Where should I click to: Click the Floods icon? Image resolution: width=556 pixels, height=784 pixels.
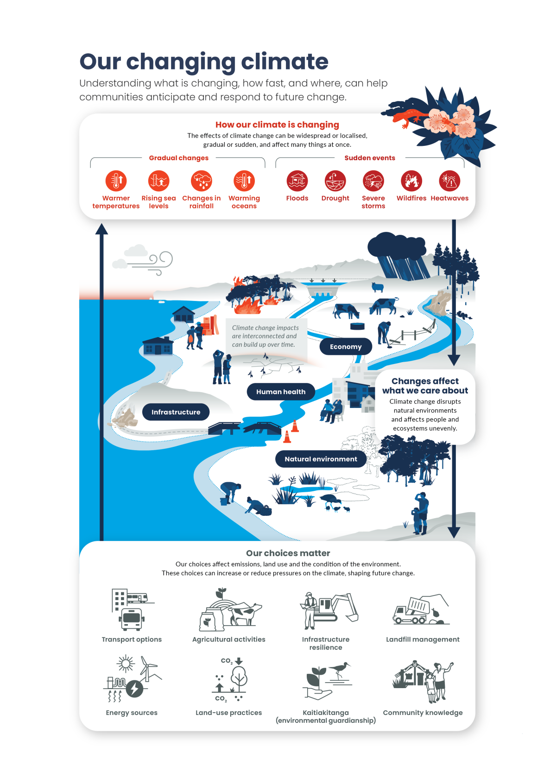297,181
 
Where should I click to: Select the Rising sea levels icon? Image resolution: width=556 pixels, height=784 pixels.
158,181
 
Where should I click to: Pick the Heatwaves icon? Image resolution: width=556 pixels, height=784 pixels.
449,181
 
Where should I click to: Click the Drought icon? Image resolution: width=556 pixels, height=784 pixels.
335,181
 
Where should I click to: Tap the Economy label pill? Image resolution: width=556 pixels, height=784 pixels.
346,346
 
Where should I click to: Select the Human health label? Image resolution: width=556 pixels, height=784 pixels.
281,392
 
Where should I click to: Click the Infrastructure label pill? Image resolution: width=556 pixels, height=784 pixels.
176,412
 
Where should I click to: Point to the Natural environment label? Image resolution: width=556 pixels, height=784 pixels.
321,459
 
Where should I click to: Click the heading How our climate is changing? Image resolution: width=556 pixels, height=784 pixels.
277,125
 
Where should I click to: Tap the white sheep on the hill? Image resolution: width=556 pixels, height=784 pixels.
377,287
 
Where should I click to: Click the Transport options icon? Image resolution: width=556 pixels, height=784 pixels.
132,609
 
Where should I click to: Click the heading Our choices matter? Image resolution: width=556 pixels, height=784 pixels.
288,553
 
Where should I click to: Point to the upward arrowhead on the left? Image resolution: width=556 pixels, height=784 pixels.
101,229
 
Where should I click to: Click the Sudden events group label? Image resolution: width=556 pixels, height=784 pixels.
369,158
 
